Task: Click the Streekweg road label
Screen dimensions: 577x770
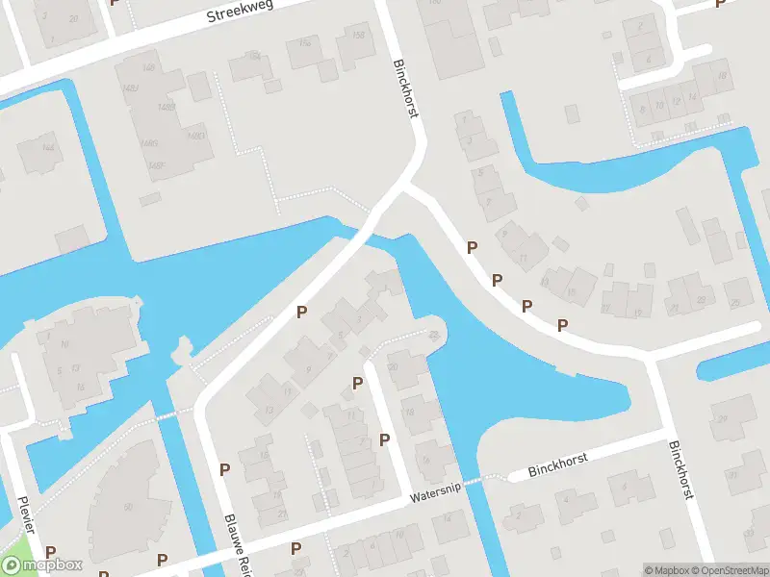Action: pos(239,13)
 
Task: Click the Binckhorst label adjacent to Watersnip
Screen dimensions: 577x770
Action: pos(559,466)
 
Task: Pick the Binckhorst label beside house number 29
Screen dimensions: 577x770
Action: pos(680,469)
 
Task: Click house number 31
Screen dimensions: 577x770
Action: pos(733,475)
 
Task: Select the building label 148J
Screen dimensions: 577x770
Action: pos(131,88)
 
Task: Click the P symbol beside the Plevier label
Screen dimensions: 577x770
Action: pos(50,553)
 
